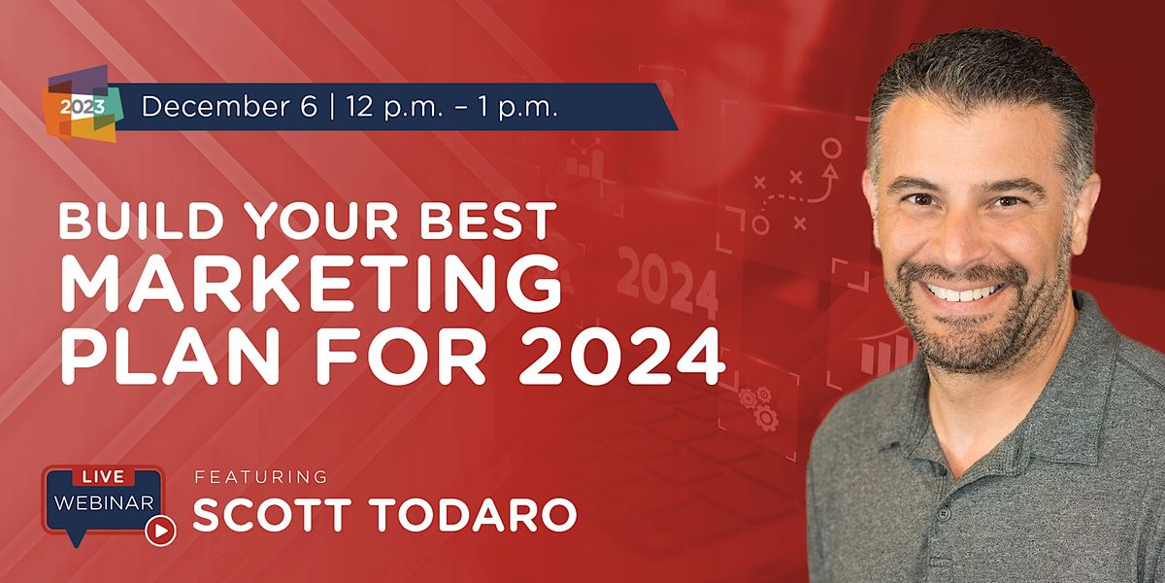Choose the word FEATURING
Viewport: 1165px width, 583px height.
coord(261,477)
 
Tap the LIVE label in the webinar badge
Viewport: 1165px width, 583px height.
coord(102,478)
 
